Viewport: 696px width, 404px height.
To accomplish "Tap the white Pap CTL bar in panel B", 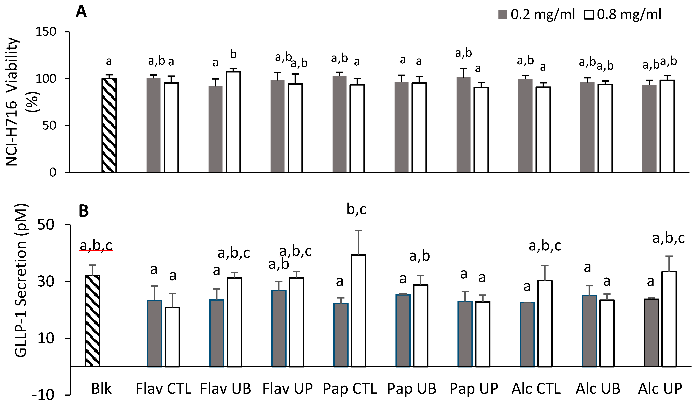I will (x=358, y=311).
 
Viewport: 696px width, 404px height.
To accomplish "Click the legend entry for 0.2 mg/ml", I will (x=537, y=14).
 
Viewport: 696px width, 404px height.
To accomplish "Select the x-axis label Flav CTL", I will (x=163, y=389).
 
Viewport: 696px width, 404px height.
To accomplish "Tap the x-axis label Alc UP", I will (x=660, y=389).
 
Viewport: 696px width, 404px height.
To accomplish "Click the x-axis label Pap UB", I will (x=411, y=389).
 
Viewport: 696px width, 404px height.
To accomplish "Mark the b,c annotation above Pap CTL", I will (x=356, y=209).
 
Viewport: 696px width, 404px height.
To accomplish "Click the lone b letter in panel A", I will (x=233, y=54).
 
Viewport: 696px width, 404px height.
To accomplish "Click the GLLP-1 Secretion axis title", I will (x=21, y=280).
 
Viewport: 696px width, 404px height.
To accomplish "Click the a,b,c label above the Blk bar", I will (x=96, y=245).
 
